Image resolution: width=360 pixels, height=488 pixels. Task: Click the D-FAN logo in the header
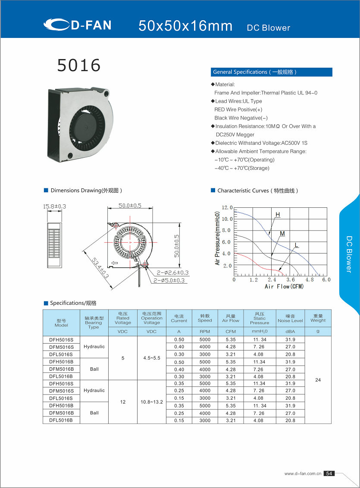[x=78, y=25]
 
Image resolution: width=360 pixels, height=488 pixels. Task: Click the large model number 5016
[x=79, y=66]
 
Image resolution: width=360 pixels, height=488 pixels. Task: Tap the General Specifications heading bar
[x=272, y=72]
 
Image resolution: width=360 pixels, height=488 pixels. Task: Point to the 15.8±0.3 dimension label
[x=54, y=206]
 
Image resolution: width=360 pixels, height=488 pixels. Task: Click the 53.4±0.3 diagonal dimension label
[x=100, y=267]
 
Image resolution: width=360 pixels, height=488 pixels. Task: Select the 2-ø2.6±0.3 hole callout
[x=172, y=272]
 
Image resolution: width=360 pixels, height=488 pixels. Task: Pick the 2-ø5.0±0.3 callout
[x=169, y=281]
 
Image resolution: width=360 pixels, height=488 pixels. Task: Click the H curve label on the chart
[x=278, y=214]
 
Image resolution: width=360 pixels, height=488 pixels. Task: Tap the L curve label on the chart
[x=296, y=245]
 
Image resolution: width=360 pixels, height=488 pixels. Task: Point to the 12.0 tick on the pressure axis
[x=227, y=208]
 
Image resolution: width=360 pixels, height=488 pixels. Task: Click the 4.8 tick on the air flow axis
[x=310, y=280]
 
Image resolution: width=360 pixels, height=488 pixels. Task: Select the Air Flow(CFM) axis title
[x=284, y=286]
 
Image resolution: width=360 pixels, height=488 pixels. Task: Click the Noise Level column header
[x=290, y=318]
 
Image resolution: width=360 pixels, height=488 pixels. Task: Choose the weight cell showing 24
[x=318, y=380]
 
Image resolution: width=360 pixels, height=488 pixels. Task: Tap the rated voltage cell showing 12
[x=123, y=402]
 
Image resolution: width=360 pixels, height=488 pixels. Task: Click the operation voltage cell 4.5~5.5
[x=152, y=358]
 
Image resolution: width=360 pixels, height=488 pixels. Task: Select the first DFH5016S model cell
[x=61, y=340]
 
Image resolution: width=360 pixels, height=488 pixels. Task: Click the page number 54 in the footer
[x=329, y=473]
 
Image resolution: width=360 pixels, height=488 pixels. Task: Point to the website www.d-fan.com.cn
[x=303, y=473]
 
